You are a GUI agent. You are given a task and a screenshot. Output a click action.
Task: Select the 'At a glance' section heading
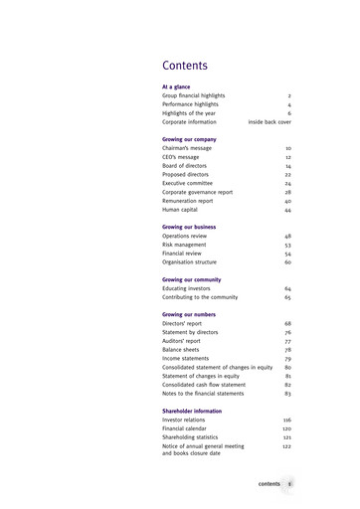(178, 86)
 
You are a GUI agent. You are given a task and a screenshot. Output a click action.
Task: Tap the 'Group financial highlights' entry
(193, 95)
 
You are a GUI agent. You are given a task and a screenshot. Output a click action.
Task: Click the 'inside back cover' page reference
(270, 121)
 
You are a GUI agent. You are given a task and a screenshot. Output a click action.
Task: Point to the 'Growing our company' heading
(189, 139)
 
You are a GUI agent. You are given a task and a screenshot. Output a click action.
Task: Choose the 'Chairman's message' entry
(187, 148)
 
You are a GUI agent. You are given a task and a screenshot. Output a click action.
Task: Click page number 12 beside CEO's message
(287, 157)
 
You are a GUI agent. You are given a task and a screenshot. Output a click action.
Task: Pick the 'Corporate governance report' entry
(197, 192)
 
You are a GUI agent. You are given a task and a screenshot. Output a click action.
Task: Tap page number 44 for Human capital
(287, 210)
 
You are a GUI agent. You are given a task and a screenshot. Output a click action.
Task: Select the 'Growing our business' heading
(189, 228)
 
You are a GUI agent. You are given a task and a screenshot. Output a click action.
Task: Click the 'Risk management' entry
(185, 245)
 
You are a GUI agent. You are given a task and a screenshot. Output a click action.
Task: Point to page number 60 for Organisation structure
(287, 262)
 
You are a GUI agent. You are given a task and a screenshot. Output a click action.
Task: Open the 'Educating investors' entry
(186, 288)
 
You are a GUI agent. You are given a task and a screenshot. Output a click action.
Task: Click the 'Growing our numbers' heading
(190, 315)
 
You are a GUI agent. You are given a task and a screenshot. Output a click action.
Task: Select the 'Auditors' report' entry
(181, 341)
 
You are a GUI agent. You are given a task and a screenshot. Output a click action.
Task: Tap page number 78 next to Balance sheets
(287, 350)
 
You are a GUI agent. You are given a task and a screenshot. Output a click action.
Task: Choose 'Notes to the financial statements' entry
(204, 394)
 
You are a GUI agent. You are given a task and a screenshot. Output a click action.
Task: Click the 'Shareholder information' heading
(192, 411)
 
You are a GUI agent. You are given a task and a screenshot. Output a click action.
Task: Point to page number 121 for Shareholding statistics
(286, 437)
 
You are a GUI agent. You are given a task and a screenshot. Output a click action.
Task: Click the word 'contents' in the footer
(270, 483)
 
